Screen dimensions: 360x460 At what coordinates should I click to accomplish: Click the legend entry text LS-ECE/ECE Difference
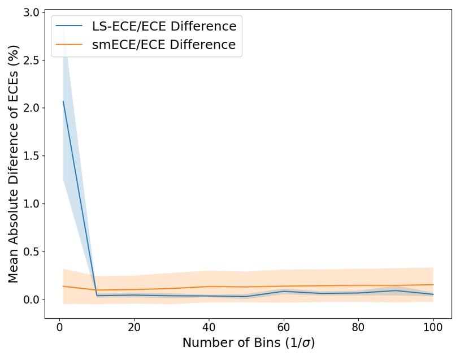tap(164, 26)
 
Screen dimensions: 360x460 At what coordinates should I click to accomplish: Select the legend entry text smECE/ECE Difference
tap(164, 45)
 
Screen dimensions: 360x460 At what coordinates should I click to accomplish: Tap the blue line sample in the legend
tap(70, 27)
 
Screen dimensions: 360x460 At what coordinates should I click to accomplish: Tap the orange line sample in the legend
tap(70, 45)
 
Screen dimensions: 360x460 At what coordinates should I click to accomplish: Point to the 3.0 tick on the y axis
tap(31, 12)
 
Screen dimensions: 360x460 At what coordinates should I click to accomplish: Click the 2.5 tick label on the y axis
tap(31, 60)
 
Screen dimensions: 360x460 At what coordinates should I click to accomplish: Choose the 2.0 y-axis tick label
tap(31, 108)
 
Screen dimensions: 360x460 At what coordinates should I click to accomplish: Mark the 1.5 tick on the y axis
tap(31, 156)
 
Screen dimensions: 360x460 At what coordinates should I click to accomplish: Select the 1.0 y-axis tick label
tap(31, 203)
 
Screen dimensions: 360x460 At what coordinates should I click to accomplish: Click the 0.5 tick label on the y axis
tap(31, 251)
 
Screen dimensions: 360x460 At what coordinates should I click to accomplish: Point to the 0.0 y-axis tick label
tap(31, 300)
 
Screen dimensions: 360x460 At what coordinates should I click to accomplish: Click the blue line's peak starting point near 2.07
tap(63, 101)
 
